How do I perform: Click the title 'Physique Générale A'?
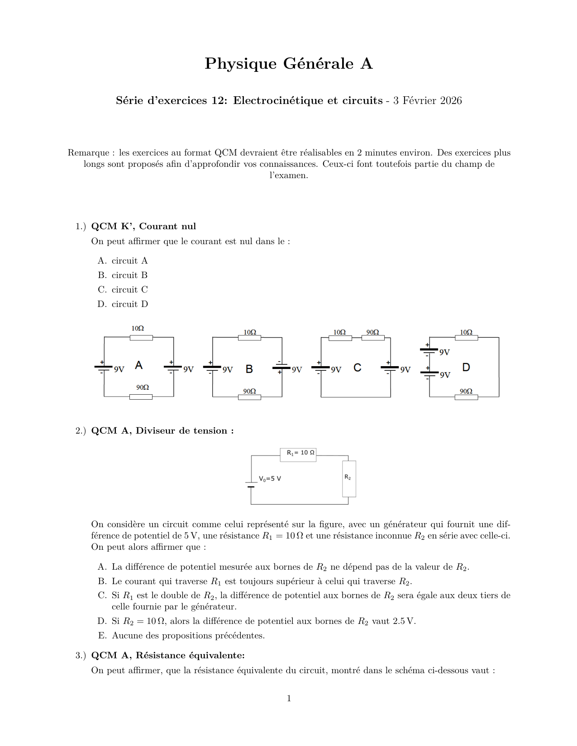point(288,64)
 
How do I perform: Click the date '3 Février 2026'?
point(427,100)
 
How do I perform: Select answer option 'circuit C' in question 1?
point(129,289)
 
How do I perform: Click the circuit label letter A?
point(139,365)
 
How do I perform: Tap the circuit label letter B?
point(249,369)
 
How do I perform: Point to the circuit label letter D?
point(466,367)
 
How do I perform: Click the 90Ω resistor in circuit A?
point(141,397)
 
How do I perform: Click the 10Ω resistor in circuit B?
point(249,338)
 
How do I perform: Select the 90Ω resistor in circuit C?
point(373,338)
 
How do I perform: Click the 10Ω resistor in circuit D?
point(466,338)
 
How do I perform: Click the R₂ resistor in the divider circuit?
point(349,478)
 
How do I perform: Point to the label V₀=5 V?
point(270,478)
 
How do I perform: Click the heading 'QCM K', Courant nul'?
point(143,226)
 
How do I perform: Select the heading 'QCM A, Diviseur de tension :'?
point(162,430)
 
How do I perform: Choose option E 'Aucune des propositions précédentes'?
point(188,635)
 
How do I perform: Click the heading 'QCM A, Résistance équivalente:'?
point(168,655)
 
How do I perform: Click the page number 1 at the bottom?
point(289,698)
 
